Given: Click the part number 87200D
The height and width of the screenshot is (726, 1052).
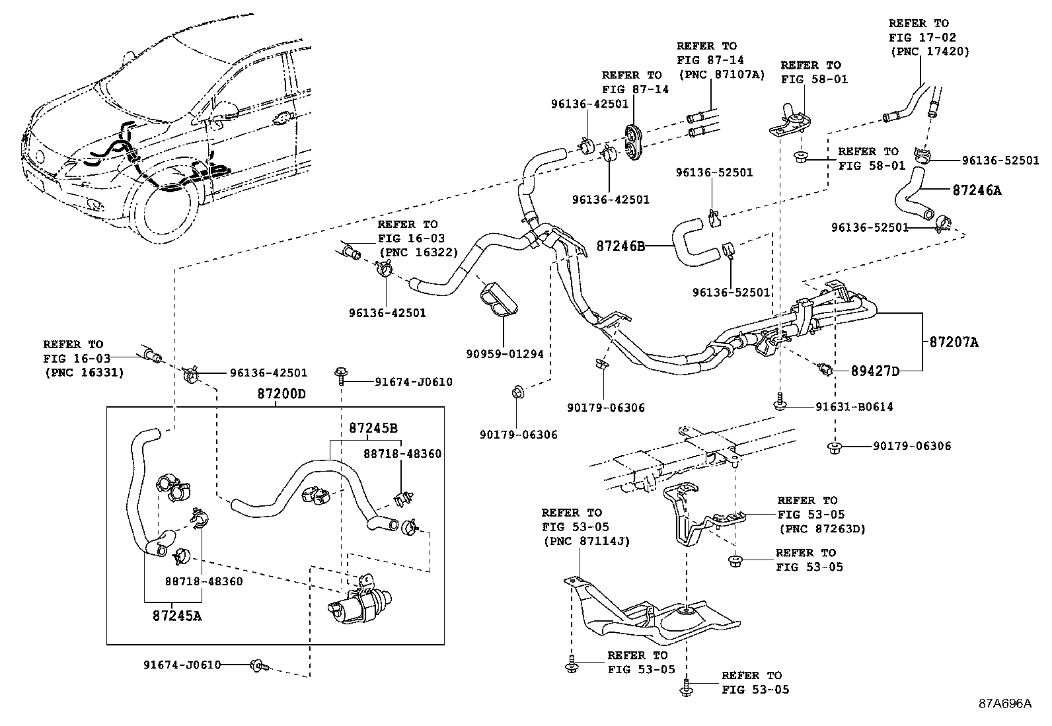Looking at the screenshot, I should click(282, 394).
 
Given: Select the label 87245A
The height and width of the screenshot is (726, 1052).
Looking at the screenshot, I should click(176, 616).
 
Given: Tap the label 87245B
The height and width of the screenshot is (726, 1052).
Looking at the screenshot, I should click(373, 427).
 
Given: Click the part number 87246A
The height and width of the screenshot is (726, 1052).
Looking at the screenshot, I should click(977, 190).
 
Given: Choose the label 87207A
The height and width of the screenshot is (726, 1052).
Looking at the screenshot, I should click(954, 342).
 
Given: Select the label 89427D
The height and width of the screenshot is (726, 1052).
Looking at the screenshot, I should click(875, 371).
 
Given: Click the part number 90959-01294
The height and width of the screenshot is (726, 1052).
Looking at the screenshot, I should click(504, 354).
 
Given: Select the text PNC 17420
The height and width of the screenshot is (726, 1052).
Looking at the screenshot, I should click(930, 52).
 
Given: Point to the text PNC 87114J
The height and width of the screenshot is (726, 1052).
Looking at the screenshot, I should click(585, 541).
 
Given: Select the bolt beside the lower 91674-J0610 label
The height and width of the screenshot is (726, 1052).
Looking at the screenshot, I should click(258, 665).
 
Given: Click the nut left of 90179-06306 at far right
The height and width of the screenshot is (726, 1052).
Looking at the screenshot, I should click(834, 447).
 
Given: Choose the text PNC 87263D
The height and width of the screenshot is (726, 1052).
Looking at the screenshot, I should click(821, 528).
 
